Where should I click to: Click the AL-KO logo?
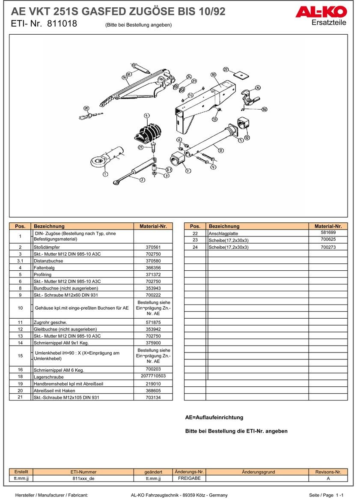coord(321,12)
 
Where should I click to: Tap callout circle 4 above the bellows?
coord(146,116)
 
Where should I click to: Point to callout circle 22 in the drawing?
coord(226,69)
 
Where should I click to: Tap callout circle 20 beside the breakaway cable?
coord(86,108)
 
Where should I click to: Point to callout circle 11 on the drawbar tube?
coord(220,150)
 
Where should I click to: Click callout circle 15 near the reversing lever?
coord(258,88)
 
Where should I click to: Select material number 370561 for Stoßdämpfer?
coord(153,247)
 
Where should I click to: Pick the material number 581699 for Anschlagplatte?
coord(328,233)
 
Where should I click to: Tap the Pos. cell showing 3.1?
coord(20,261)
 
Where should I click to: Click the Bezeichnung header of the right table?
coord(224,226)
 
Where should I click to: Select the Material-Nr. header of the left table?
coord(153,226)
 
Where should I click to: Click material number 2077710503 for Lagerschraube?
coord(153,376)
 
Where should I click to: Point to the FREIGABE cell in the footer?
coord(189,478)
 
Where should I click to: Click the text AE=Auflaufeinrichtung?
coord(214,417)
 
